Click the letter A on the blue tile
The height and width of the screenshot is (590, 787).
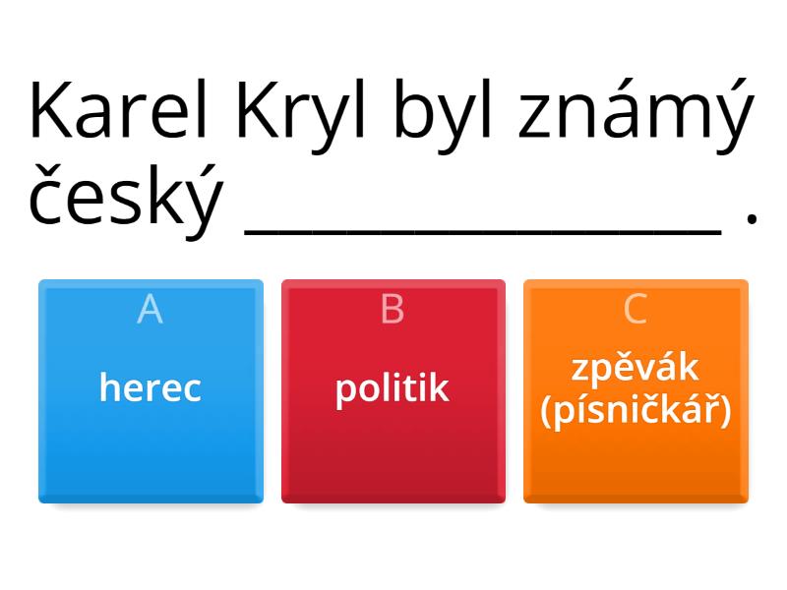click(151, 309)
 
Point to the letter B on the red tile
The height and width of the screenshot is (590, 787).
click(393, 309)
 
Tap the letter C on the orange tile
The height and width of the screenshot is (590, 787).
click(636, 309)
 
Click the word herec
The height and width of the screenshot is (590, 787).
click(151, 387)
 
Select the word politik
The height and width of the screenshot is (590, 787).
click(393, 387)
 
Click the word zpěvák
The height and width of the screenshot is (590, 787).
click(636, 369)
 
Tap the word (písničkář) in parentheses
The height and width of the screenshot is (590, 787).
click(636, 410)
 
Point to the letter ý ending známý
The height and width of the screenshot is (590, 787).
click(731, 116)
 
